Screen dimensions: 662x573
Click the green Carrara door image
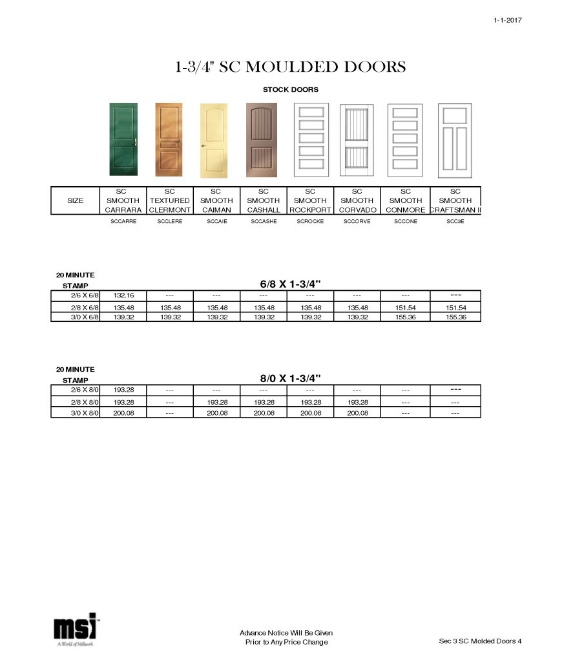tap(123, 139)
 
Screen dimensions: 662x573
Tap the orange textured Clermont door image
tap(169, 139)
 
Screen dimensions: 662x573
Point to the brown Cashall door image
tap(262, 140)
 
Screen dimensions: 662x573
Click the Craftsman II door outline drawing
tap(455, 140)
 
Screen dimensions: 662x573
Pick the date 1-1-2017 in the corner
tap(507, 20)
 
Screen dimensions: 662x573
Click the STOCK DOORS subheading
tap(290, 90)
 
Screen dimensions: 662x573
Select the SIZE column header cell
tap(76, 200)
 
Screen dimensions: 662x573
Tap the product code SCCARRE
tap(123, 221)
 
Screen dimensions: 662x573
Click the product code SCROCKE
tap(309, 221)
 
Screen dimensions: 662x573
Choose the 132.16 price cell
tap(123, 295)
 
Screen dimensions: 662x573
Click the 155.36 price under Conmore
tap(405, 317)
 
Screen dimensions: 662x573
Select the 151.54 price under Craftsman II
tap(455, 308)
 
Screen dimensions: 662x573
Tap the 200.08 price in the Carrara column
tap(123, 412)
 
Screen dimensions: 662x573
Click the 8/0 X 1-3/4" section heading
tap(290, 378)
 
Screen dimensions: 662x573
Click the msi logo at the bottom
tap(75, 629)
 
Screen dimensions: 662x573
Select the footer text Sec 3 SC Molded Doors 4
tap(479, 641)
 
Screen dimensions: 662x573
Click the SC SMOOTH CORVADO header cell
tap(357, 200)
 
